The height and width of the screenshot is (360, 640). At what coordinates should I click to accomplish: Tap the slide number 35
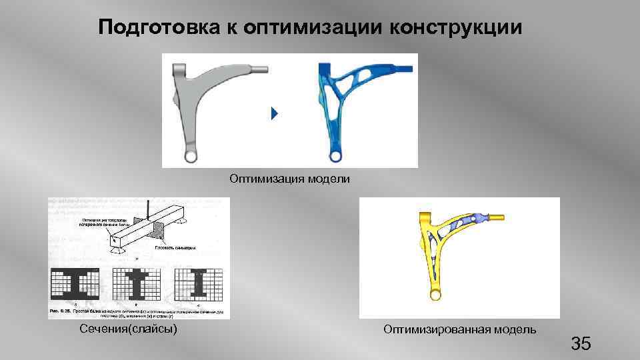click(580, 344)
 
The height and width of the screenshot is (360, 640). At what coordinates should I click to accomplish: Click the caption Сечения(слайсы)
click(128, 329)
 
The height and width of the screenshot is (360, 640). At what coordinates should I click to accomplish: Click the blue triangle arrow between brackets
click(273, 114)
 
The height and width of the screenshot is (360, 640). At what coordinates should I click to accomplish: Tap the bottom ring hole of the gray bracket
click(191, 156)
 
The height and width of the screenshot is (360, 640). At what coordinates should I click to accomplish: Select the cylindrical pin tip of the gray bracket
click(261, 68)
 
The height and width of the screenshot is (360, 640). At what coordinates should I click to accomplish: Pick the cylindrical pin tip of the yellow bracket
click(497, 217)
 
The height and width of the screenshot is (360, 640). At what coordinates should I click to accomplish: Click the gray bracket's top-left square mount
click(179, 71)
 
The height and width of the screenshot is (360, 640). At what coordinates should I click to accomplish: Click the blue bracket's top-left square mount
click(325, 71)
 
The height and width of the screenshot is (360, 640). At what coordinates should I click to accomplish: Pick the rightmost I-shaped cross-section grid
click(200, 283)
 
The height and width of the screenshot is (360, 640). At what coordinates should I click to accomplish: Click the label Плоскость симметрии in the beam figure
click(184, 247)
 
